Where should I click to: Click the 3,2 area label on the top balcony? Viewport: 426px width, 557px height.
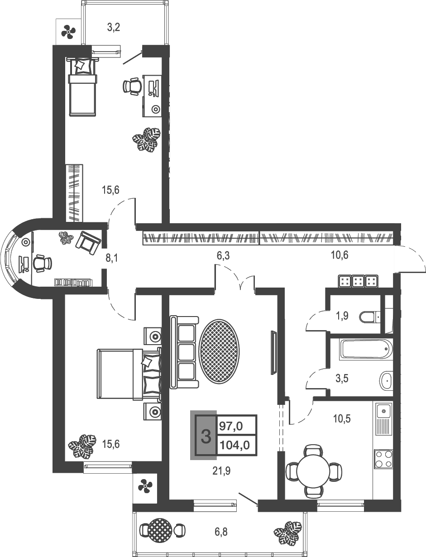pos(114,28)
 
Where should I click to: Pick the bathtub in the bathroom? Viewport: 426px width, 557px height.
pos(365,349)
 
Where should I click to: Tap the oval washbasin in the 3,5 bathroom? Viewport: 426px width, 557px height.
pos(386,380)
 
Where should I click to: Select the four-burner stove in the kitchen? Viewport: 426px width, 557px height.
pos(383,458)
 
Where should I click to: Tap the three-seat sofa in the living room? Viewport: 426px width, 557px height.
pos(184,352)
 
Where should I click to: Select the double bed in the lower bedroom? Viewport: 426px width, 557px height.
pos(129,374)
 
